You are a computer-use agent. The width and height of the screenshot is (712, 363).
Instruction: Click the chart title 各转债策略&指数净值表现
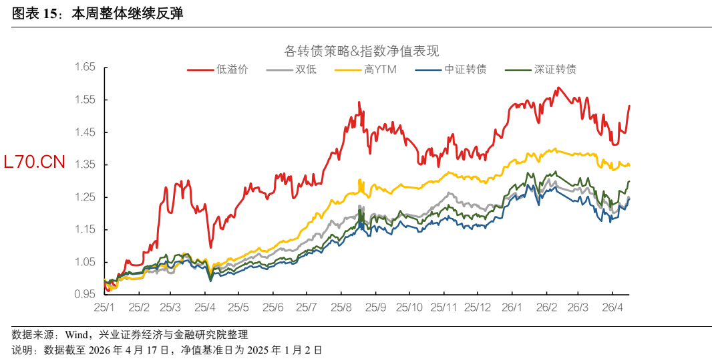pos(361,51)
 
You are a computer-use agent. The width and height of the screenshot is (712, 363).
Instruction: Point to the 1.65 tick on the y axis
pos(85,67)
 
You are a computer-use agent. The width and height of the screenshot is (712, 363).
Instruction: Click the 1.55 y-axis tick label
pos(85,100)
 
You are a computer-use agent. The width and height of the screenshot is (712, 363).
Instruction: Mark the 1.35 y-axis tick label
pos(85,164)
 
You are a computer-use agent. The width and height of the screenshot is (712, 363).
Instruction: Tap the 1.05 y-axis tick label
pos(85,262)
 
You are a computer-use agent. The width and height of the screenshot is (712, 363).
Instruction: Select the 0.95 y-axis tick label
pos(85,294)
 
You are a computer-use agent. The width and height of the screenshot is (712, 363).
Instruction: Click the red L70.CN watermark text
pos(35,161)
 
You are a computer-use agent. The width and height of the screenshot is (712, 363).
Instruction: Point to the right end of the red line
pos(629,106)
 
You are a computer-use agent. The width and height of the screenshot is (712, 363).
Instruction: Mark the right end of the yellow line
pos(629,165)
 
